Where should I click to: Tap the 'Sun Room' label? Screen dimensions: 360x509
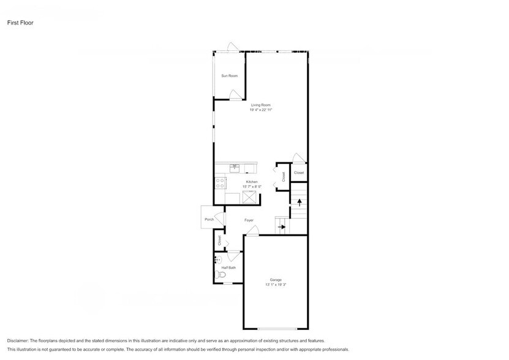coord(229,75)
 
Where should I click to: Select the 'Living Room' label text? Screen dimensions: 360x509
coord(260,105)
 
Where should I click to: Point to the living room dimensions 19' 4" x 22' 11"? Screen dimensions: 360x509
coord(260,110)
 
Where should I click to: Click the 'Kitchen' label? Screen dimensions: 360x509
coord(251,182)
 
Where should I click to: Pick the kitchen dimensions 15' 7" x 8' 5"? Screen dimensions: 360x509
coord(251,187)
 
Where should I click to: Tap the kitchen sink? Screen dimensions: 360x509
coord(235,167)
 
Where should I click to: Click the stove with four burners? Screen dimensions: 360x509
coord(220,182)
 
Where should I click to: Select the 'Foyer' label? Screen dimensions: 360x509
coord(249,220)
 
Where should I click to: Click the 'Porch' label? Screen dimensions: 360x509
coord(209,219)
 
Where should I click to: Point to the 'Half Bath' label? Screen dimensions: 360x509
coord(229,268)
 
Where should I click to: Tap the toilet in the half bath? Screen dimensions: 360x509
coord(221,276)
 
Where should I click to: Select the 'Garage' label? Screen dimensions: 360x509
coord(276,280)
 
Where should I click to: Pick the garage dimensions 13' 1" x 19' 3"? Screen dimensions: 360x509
coord(276,285)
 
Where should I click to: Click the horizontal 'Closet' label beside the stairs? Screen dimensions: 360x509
coord(299,173)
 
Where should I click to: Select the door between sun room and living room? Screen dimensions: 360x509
coord(235,94)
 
